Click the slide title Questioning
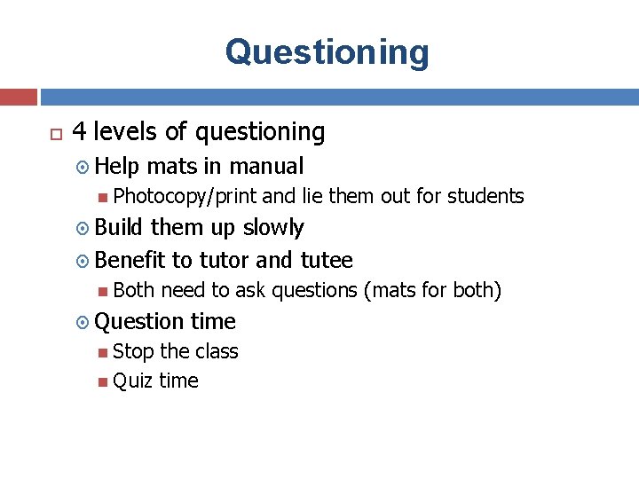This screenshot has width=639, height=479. tap(327, 52)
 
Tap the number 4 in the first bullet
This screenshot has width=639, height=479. tap(79, 132)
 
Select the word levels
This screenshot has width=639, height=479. tap(126, 132)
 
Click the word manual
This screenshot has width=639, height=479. tap(266, 166)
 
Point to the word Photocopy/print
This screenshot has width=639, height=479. tap(185, 196)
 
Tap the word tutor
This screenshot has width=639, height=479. tap(225, 260)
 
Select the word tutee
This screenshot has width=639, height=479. tap(327, 260)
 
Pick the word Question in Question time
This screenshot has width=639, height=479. tap(138, 321)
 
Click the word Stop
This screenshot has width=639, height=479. tap(133, 351)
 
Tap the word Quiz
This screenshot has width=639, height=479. tap(133, 381)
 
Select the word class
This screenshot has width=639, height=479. tap(217, 351)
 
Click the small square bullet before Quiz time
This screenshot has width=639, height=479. tap(104, 381)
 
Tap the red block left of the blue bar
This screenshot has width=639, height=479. tap(18, 96)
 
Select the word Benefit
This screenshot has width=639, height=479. tap(130, 260)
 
